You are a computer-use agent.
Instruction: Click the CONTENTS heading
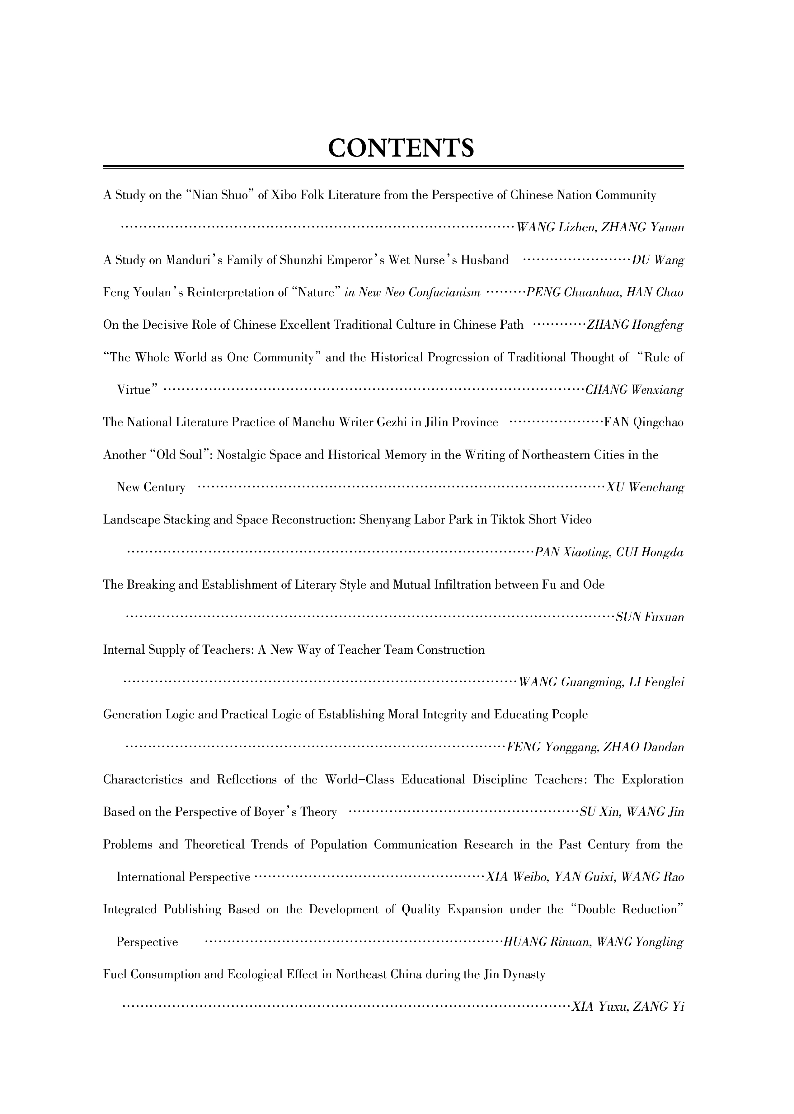[x=400, y=148]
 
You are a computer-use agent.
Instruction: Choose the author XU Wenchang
[x=645, y=487]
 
